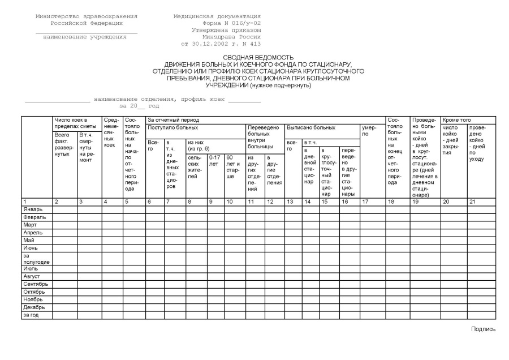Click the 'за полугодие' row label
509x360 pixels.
[36, 259]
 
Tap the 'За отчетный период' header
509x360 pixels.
[173, 120]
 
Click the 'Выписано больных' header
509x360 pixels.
[311, 128]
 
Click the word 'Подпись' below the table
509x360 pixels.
[484, 329]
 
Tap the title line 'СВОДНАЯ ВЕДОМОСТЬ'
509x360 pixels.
[258, 57]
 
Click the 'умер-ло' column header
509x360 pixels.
[368, 131]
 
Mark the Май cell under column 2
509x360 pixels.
[64, 241]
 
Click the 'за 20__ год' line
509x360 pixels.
[139, 106]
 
